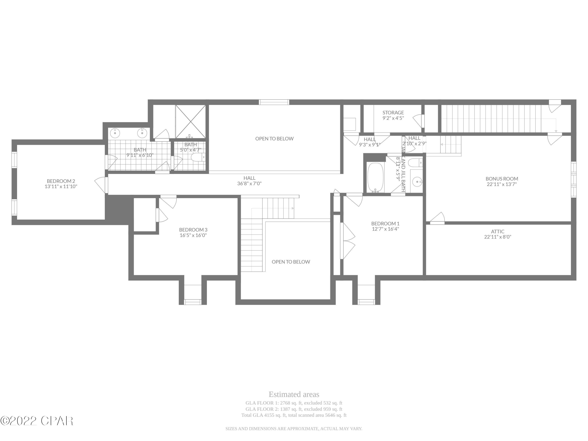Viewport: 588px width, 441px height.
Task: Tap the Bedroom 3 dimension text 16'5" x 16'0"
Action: pos(193,235)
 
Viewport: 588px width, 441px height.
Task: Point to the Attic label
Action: pos(498,231)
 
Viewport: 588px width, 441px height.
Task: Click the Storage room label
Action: pos(393,113)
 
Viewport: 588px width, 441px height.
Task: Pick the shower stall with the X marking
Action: pos(190,122)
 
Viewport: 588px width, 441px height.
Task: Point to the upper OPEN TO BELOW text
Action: pos(274,139)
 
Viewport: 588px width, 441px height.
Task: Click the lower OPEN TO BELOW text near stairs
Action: pos(291,262)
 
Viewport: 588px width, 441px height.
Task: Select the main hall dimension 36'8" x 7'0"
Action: pos(249,183)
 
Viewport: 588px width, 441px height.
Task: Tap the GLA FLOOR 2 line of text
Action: pos(294,409)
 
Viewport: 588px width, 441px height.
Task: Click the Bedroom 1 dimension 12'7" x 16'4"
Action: pos(385,229)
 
